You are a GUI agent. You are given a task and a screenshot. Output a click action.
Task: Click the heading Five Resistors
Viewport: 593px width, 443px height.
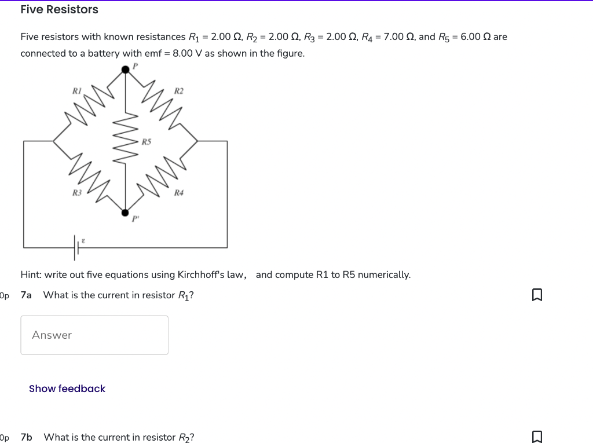pyautogui.click(x=59, y=10)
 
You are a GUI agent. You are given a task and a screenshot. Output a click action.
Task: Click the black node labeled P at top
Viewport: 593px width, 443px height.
pyautogui.click(x=125, y=70)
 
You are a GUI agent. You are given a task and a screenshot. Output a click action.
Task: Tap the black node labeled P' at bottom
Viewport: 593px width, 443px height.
pyautogui.click(x=125, y=213)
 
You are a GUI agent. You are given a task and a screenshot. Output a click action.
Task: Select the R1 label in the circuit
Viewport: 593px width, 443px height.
pyautogui.click(x=77, y=90)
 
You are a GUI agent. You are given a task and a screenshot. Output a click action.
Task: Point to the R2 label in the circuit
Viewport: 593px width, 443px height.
pyautogui.click(x=179, y=91)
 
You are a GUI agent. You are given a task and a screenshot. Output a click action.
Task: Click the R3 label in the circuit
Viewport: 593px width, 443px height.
pyautogui.click(x=77, y=192)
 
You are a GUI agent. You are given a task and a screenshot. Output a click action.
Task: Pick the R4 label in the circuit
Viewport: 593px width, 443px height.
pyautogui.click(x=179, y=192)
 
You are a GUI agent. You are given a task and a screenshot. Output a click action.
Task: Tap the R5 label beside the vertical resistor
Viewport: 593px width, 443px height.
pyautogui.click(x=147, y=141)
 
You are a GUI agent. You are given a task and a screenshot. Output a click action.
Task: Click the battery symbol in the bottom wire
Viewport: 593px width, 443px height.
pyautogui.click(x=76, y=247)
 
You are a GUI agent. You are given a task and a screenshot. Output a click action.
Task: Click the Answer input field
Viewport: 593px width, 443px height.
pyautogui.click(x=94, y=335)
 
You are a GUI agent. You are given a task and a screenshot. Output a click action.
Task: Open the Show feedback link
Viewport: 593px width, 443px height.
pyautogui.click(x=67, y=389)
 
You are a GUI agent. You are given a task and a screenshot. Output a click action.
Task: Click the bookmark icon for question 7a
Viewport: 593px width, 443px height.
pyautogui.click(x=537, y=295)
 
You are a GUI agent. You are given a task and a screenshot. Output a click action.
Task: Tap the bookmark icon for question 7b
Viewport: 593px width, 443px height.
pyautogui.click(x=537, y=437)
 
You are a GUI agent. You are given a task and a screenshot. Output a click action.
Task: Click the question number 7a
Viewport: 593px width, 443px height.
pyautogui.click(x=26, y=295)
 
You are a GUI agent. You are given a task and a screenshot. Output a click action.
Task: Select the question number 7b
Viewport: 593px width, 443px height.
pyautogui.click(x=26, y=437)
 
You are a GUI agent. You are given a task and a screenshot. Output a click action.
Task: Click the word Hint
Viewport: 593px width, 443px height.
pyautogui.click(x=31, y=274)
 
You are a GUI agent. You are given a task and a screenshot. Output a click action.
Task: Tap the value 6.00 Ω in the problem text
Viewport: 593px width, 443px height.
pyautogui.click(x=472, y=37)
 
